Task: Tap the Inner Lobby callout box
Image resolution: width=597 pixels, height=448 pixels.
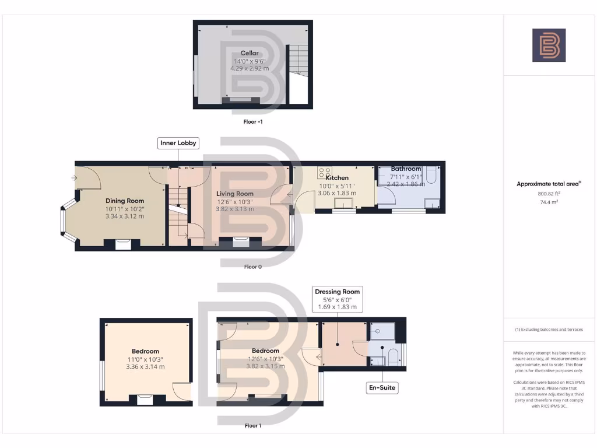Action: coord(178,143)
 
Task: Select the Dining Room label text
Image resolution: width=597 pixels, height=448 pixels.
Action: coord(124,201)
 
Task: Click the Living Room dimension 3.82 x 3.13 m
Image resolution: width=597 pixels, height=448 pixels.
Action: coord(235,209)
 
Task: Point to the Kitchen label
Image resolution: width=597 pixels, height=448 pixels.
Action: coord(337,178)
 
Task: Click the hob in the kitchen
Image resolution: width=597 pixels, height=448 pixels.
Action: coord(324,173)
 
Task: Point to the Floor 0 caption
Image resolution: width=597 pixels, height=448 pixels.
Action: coord(252,267)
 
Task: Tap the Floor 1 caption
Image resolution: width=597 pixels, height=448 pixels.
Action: coord(252,426)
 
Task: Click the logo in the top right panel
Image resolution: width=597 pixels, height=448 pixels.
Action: coord(549,45)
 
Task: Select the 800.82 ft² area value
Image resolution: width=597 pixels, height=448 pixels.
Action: coord(549,192)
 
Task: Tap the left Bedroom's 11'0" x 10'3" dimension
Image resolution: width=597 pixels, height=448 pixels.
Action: coord(145,359)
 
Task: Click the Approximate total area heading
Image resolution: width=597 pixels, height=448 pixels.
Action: coord(549,184)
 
